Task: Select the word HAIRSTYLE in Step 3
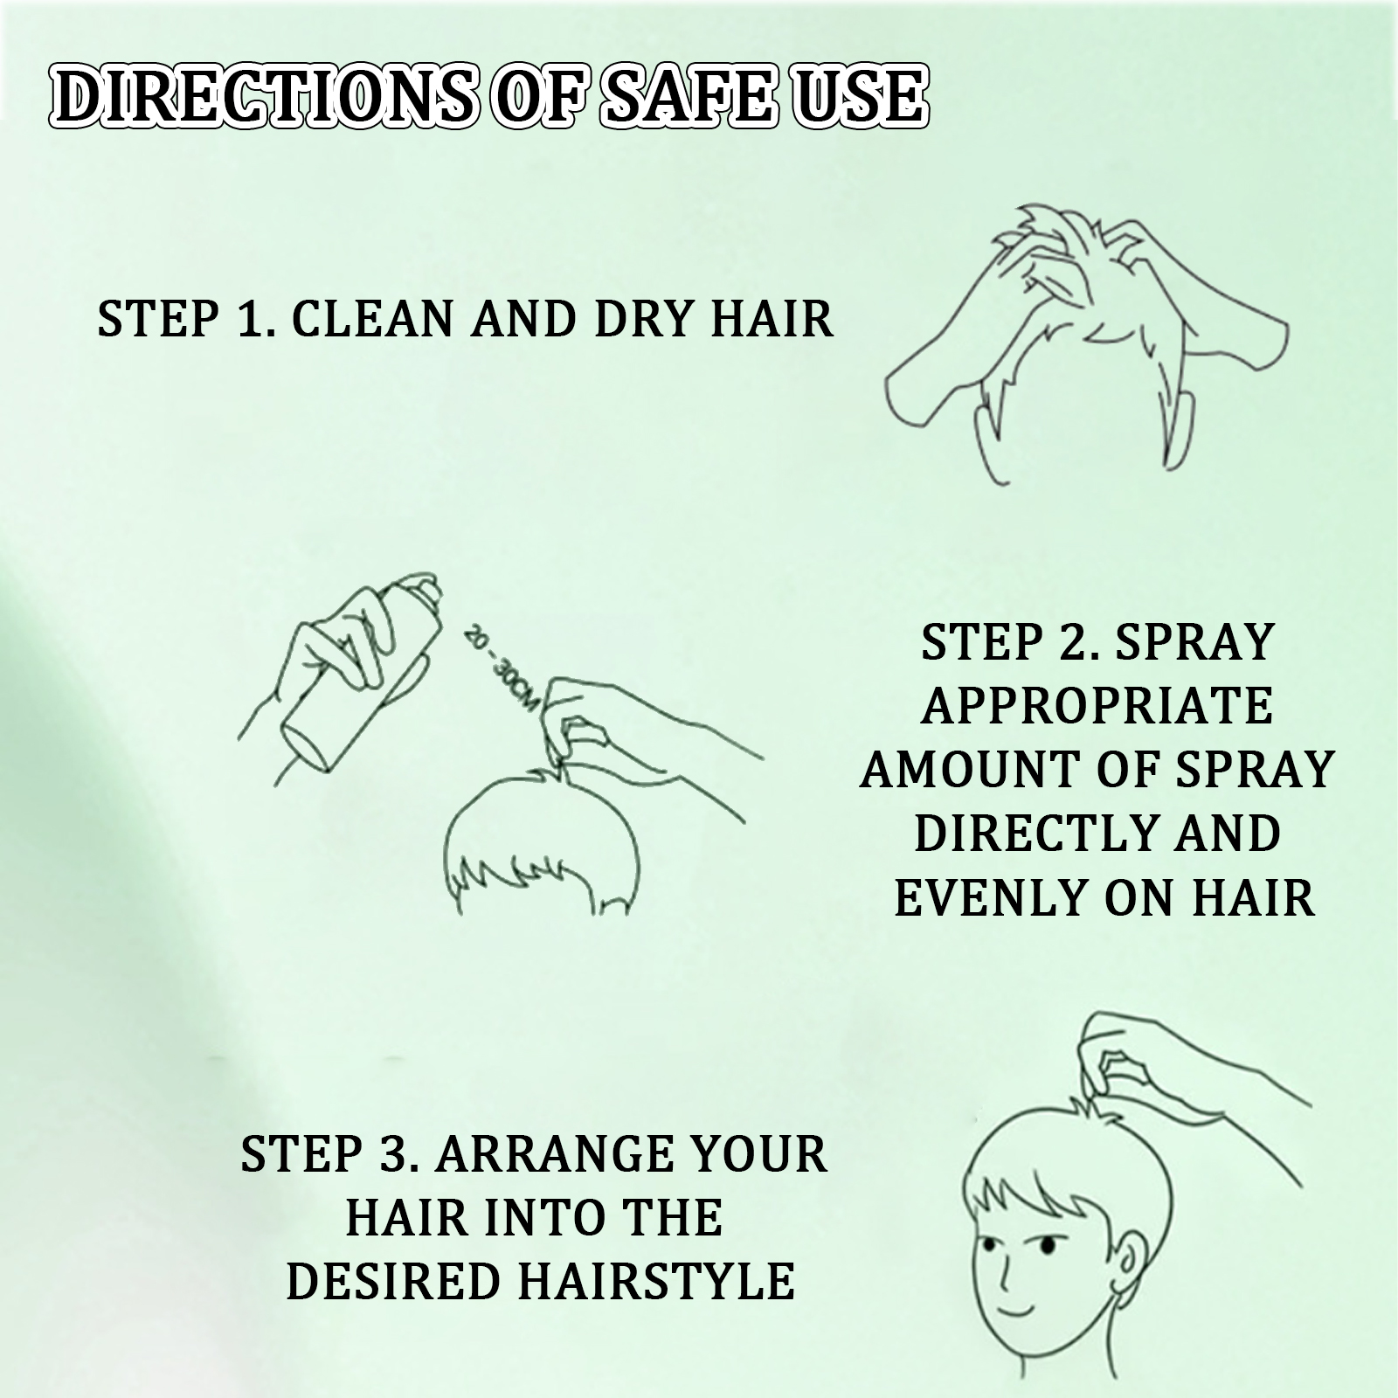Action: [656, 1281]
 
